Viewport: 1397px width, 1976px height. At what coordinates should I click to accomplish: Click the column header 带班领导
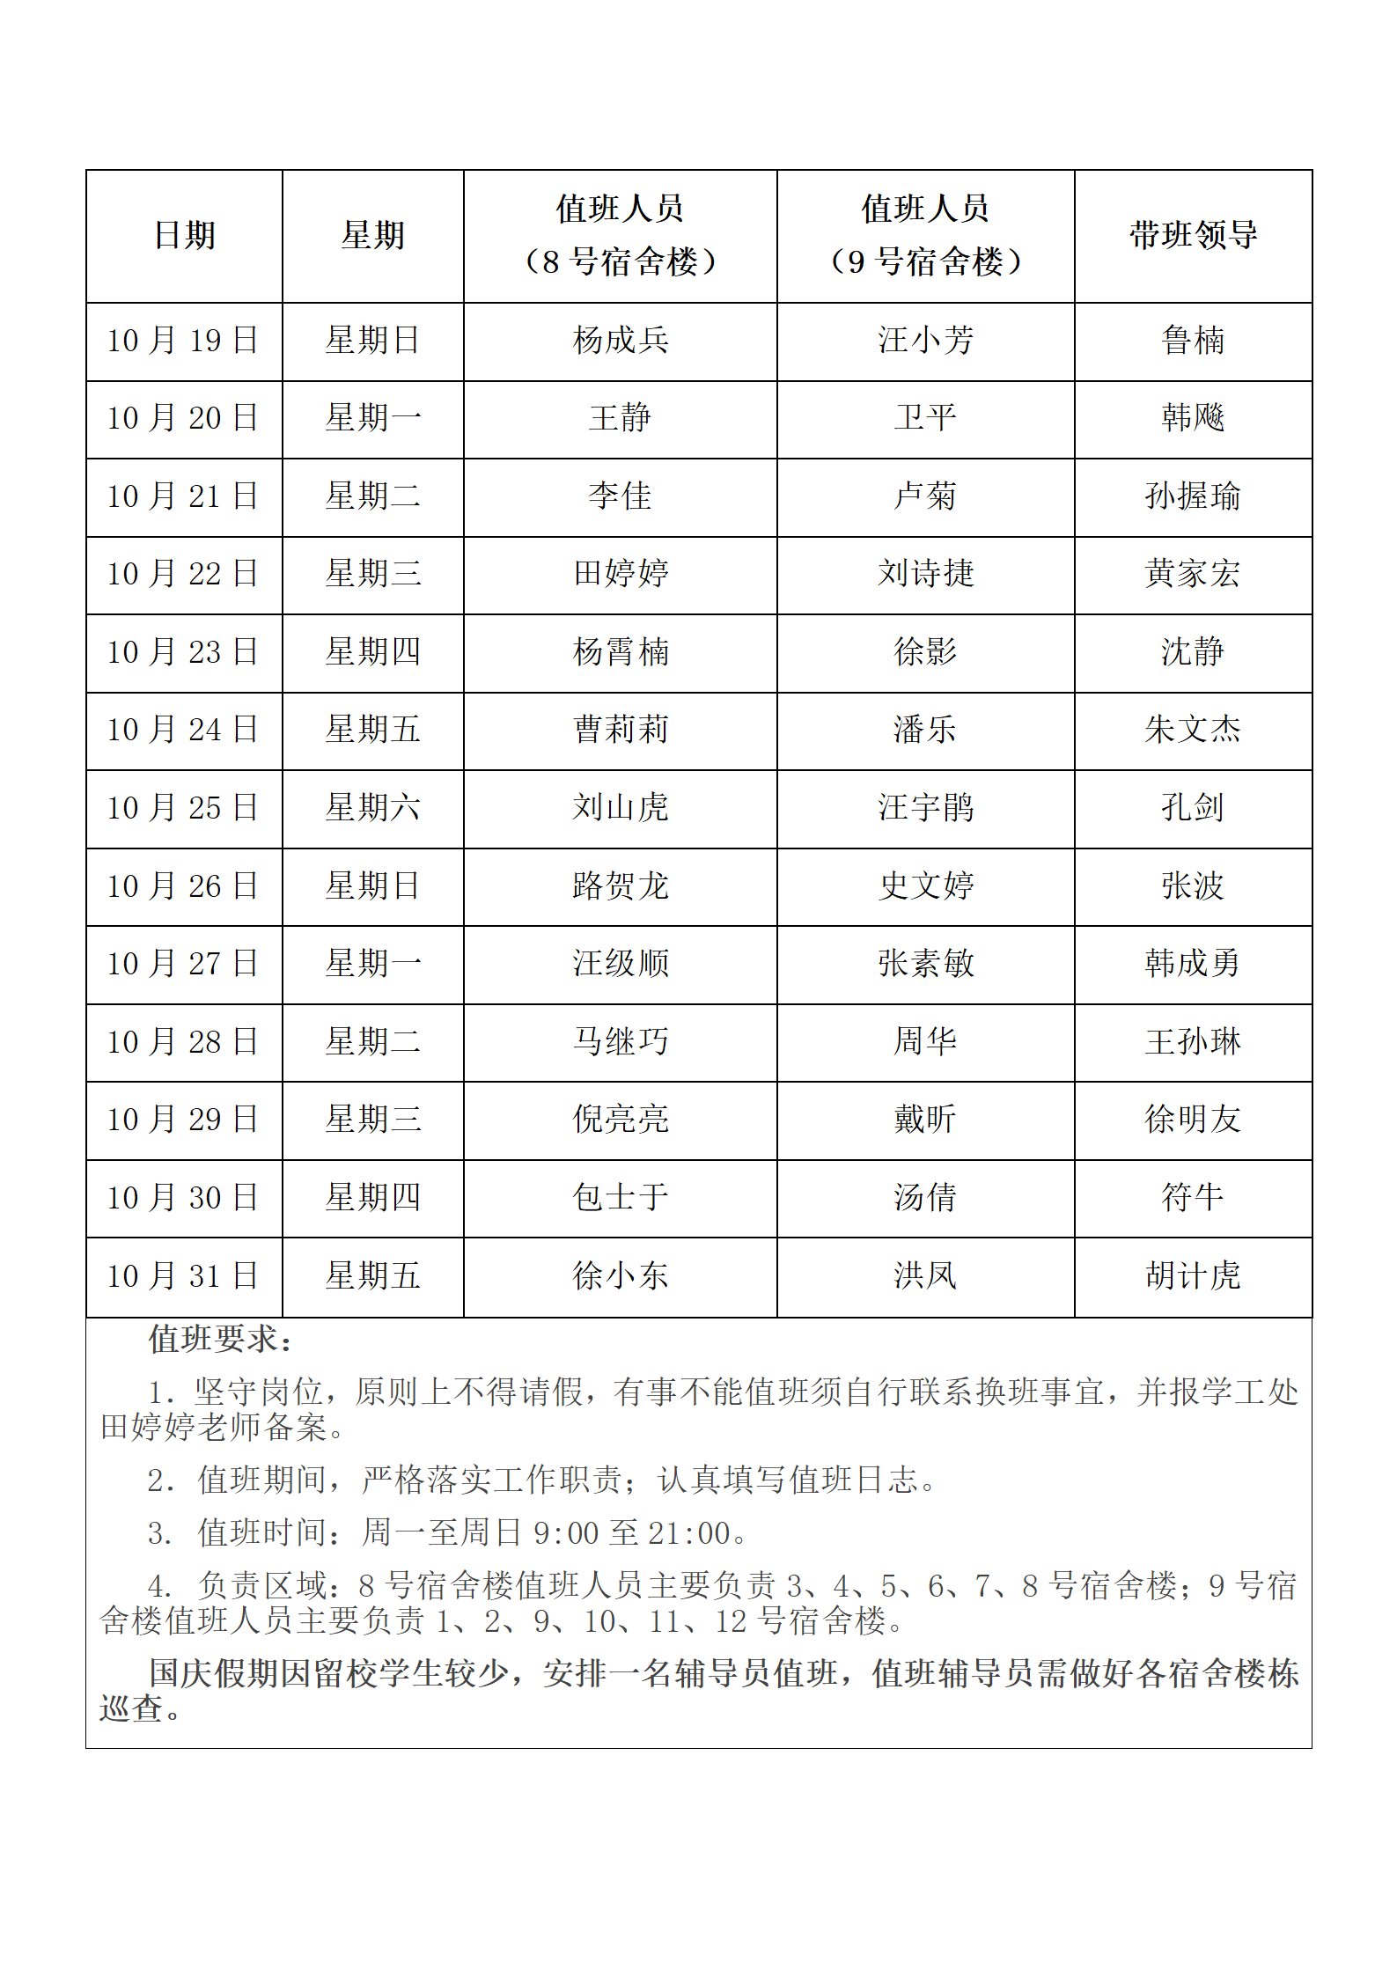coord(1193,235)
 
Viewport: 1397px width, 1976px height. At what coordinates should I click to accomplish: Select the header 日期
coord(184,235)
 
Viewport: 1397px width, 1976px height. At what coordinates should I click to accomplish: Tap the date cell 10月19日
coord(183,341)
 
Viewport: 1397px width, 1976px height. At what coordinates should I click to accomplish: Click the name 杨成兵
coord(621,341)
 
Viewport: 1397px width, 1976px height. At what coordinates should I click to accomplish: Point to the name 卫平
coord(925,418)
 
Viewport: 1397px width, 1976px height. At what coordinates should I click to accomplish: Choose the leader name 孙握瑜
coord(1193,496)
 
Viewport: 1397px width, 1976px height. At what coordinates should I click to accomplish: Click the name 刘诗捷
coord(925,574)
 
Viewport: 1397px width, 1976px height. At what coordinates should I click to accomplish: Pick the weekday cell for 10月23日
coord(373,652)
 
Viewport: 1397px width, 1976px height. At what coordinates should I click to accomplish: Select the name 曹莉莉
coord(621,730)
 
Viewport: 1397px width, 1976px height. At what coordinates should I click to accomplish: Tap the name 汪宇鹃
coord(925,808)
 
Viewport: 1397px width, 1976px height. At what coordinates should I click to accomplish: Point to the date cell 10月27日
coord(183,964)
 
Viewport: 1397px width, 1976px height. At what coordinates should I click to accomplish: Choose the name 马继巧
coord(621,1042)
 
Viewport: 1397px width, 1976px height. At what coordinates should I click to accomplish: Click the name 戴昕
coord(925,1120)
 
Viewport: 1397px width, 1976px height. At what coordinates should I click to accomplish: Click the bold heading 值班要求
coord(219,1340)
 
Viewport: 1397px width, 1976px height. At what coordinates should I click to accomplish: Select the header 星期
coord(373,235)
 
